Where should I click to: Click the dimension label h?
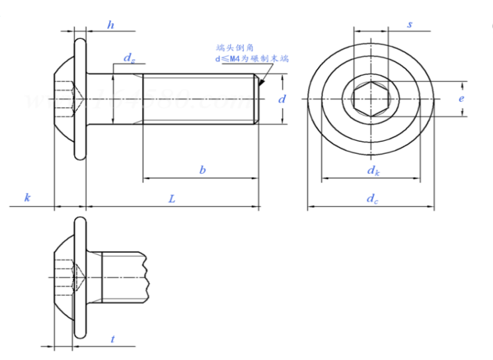(x=110, y=24)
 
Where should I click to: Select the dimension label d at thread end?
(x=282, y=99)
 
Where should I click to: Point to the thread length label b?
(x=203, y=170)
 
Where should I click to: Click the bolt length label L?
(x=172, y=198)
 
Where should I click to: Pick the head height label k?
(x=27, y=198)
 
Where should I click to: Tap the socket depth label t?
(x=113, y=339)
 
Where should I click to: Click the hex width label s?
(x=410, y=24)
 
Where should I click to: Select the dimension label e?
(x=461, y=99)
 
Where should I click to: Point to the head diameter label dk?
(x=373, y=170)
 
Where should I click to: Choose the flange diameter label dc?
(x=373, y=198)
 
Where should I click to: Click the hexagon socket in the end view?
(x=371, y=99)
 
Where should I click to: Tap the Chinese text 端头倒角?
(x=235, y=48)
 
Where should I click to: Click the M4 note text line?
(x=251, y=59)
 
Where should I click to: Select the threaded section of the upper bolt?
(x=198, y=99)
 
